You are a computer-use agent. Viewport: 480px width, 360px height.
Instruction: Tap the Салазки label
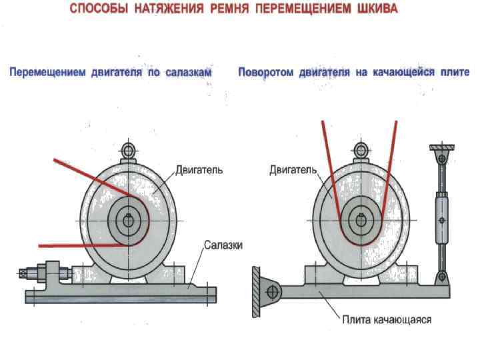tap(223, 245)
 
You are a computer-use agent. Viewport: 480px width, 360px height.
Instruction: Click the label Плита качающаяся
tap(387, 319)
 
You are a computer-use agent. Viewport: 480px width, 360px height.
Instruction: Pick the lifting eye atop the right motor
tap(361, 149)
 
